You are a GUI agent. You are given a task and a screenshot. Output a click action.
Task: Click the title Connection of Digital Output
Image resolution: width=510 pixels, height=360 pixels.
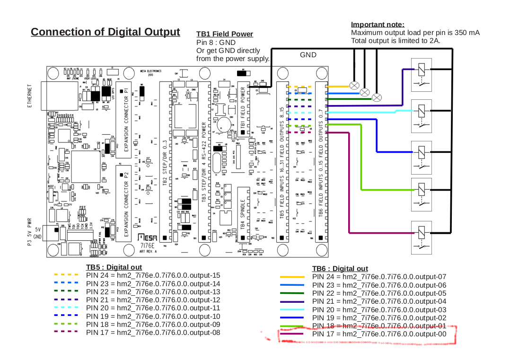coord(106,32)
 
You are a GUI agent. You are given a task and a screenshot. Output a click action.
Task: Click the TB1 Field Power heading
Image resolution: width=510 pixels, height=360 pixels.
coord(225,34)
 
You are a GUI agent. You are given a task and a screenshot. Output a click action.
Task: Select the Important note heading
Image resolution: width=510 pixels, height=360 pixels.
coord(378,25)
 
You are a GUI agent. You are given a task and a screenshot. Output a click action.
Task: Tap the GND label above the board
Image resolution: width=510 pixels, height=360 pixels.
coord(308,55)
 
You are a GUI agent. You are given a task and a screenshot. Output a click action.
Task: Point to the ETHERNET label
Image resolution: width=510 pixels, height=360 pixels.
coord(30,96)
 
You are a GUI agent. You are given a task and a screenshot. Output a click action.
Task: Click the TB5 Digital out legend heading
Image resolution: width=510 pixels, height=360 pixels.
coord(114,267)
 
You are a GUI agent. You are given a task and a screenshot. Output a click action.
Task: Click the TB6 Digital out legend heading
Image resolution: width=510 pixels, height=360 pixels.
coord(340,268)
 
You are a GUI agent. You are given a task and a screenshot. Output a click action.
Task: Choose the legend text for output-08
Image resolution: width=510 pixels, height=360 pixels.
coord(153,332)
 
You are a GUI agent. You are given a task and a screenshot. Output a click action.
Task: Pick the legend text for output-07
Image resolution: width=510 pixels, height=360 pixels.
coord(379,277)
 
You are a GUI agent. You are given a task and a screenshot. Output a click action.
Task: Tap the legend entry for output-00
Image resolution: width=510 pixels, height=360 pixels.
coord(379,334)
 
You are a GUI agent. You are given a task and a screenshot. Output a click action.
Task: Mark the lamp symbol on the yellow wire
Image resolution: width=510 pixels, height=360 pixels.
coord(354,85)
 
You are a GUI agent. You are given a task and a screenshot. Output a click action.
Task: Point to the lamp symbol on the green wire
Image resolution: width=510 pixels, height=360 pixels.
coord(377,97)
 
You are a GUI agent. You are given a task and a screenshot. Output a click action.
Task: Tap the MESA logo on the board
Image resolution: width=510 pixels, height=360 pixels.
coord(148,237)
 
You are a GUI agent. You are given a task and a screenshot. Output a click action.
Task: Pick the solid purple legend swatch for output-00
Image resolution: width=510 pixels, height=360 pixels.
coord(291,334)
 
